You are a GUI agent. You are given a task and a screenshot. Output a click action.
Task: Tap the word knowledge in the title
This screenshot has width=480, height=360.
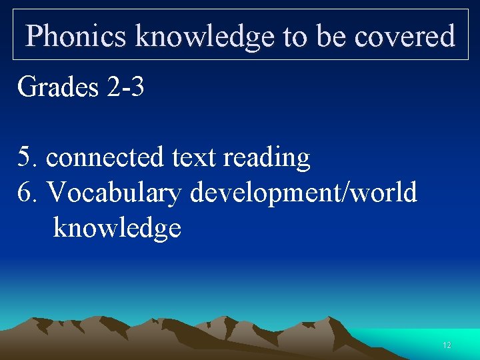click(x=205, y=35)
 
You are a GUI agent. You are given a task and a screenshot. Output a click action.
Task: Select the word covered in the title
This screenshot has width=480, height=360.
click(x=404, y=35)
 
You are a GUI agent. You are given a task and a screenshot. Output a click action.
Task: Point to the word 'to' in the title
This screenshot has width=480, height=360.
click(x=294, y=35)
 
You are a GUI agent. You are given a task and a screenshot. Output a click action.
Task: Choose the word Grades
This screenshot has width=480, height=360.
click(x=58, y=87)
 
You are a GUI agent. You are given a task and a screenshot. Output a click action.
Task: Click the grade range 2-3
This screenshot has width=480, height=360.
click(x=125, y=87)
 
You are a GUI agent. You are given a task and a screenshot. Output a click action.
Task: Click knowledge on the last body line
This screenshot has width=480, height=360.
click(x=117, y=229)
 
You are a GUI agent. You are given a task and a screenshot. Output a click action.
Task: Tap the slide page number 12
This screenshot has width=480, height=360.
click(x=447, y=345)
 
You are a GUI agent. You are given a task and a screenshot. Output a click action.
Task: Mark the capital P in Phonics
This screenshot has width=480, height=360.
click(x=35, y=35)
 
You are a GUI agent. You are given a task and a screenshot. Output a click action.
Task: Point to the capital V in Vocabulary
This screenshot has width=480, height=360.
click(x=57, y=193)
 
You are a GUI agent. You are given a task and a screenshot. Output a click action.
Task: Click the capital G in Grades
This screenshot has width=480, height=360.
click(x=27, y=87)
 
